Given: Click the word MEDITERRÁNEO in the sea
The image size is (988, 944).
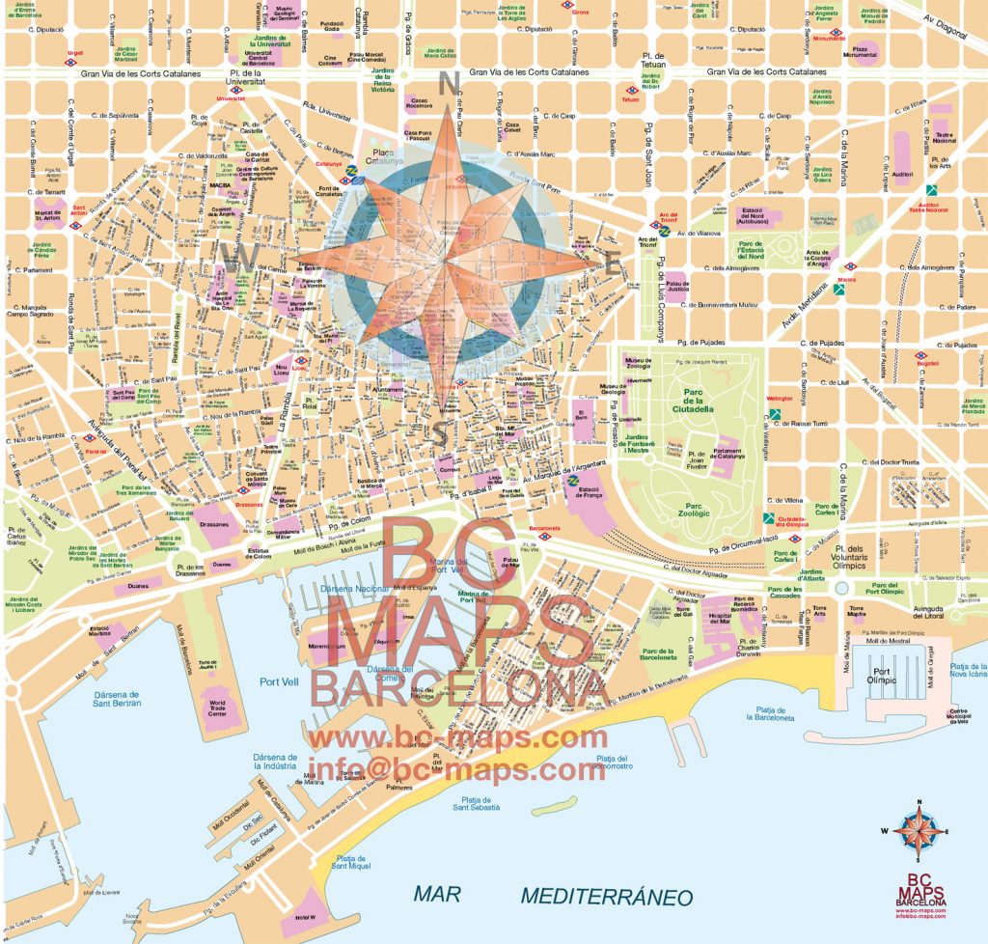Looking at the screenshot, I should coord(606,896).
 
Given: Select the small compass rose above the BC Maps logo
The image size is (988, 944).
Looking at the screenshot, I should coord(918,831).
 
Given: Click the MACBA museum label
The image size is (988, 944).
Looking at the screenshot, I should coord(221,184).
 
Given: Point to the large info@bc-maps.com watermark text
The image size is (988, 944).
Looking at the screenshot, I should coord(456,770).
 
